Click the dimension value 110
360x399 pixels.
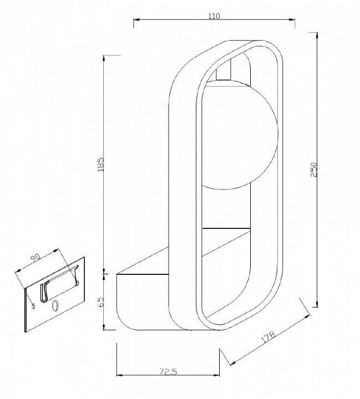pos(214,16)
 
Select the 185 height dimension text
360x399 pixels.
pos(101,165)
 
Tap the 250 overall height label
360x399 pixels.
pos(314,170)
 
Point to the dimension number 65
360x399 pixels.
pos(101,302)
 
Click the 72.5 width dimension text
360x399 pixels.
pos(168,372)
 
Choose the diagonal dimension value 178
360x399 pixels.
pos(268,337)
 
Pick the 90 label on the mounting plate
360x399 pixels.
pos(36,258)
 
